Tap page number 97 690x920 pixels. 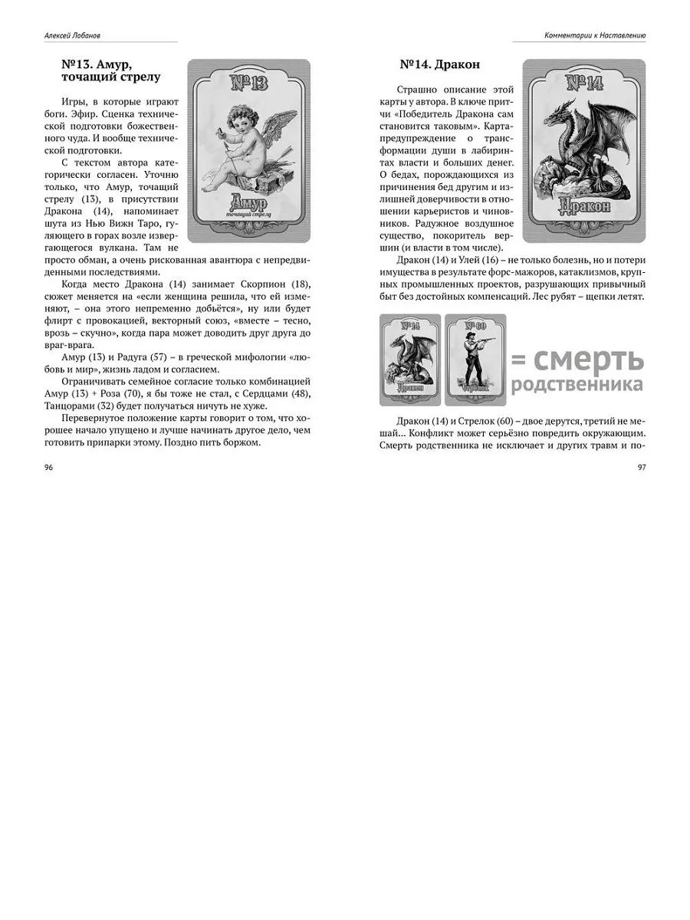click(x=641, y=467)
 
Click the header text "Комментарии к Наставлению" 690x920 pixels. click(x=595, y=34)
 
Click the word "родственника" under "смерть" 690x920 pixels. click(x=577, y=384)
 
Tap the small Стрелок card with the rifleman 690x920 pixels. click(x=475, y=359)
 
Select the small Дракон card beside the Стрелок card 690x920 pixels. click(x=410, y=359)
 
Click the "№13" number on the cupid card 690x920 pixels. click(x=248, y=81)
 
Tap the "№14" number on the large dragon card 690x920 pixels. click(x=584, y=82)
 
